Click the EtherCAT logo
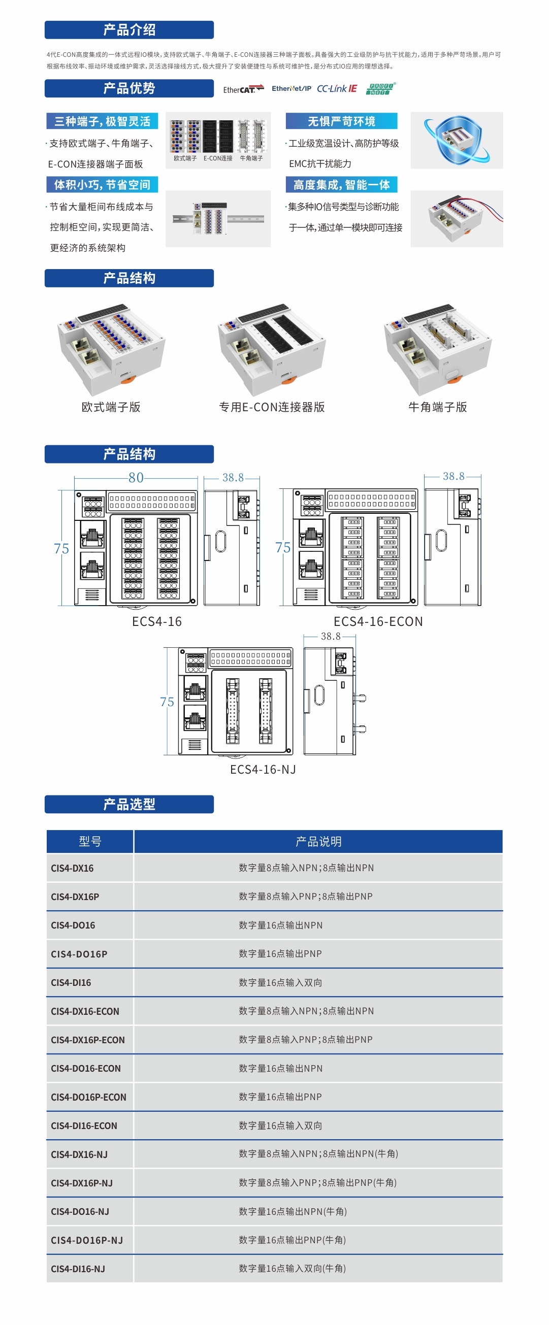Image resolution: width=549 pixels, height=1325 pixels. [243, 89]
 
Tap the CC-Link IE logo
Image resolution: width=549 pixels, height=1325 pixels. [337, 88]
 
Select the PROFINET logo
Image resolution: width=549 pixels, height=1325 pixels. [381, 88]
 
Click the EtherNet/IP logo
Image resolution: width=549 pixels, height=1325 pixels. [291, 88]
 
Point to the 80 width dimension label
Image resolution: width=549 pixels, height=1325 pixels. [136, 477]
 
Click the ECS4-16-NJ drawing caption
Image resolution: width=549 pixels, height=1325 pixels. [263, 769]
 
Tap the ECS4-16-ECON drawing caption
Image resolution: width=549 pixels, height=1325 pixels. [378, 621]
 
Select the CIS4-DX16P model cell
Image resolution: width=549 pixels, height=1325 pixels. [75, 897]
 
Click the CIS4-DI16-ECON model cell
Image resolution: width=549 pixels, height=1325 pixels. [84, 1125]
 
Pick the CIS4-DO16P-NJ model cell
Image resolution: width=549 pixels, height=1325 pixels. [86, 1240]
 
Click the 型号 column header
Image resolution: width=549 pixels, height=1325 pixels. [90, 842]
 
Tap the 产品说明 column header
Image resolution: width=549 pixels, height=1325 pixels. [318, 842]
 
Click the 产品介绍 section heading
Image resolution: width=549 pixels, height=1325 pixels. [129, 30]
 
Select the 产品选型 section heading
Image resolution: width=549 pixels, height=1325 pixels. [129, 804]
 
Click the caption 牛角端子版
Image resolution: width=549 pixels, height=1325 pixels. [437, 407]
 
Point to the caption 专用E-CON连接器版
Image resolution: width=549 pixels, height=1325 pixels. [272, 407]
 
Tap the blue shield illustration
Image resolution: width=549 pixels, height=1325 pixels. [456, 140]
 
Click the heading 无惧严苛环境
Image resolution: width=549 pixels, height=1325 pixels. [341, 121]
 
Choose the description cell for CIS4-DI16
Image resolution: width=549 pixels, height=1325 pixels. [280, 982]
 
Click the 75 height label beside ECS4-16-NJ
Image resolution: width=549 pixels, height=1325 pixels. [167, 702]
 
